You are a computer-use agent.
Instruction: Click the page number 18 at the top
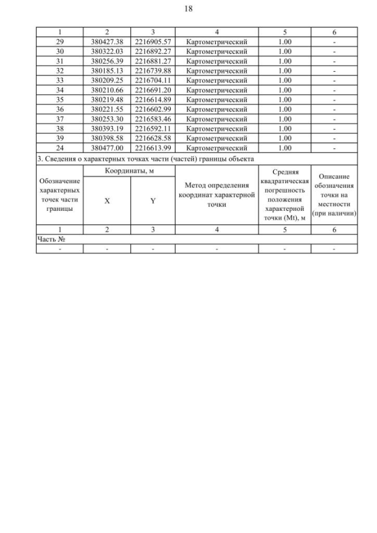pos(188,9)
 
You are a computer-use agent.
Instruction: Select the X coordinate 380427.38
pos(107,42)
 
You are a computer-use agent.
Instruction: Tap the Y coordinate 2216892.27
pos(153,51)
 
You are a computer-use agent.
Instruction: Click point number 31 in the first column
pos(59,61)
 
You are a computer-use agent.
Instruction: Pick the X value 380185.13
pos(107,71)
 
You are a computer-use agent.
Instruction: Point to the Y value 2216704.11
pos(153,80)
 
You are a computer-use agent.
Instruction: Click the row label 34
pos(59,90)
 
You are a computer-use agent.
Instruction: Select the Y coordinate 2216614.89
pos(153,100)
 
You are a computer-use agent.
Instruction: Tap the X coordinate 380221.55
pos(107,110)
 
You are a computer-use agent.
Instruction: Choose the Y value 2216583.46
pos(153,119)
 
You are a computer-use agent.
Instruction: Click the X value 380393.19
pos(107,128)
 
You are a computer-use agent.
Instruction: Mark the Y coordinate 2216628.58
pos(153,138)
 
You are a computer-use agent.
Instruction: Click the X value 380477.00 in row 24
pos(107,148)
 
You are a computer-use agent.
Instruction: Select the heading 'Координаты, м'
pos(129,171)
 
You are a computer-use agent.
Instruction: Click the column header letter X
pos(107,200)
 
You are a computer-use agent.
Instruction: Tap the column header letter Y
pos(153,200)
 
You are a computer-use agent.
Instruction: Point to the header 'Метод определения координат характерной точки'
pos(216,195)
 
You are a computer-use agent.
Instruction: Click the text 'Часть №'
pos(50,239)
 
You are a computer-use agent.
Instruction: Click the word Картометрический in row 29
pos(216,42)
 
